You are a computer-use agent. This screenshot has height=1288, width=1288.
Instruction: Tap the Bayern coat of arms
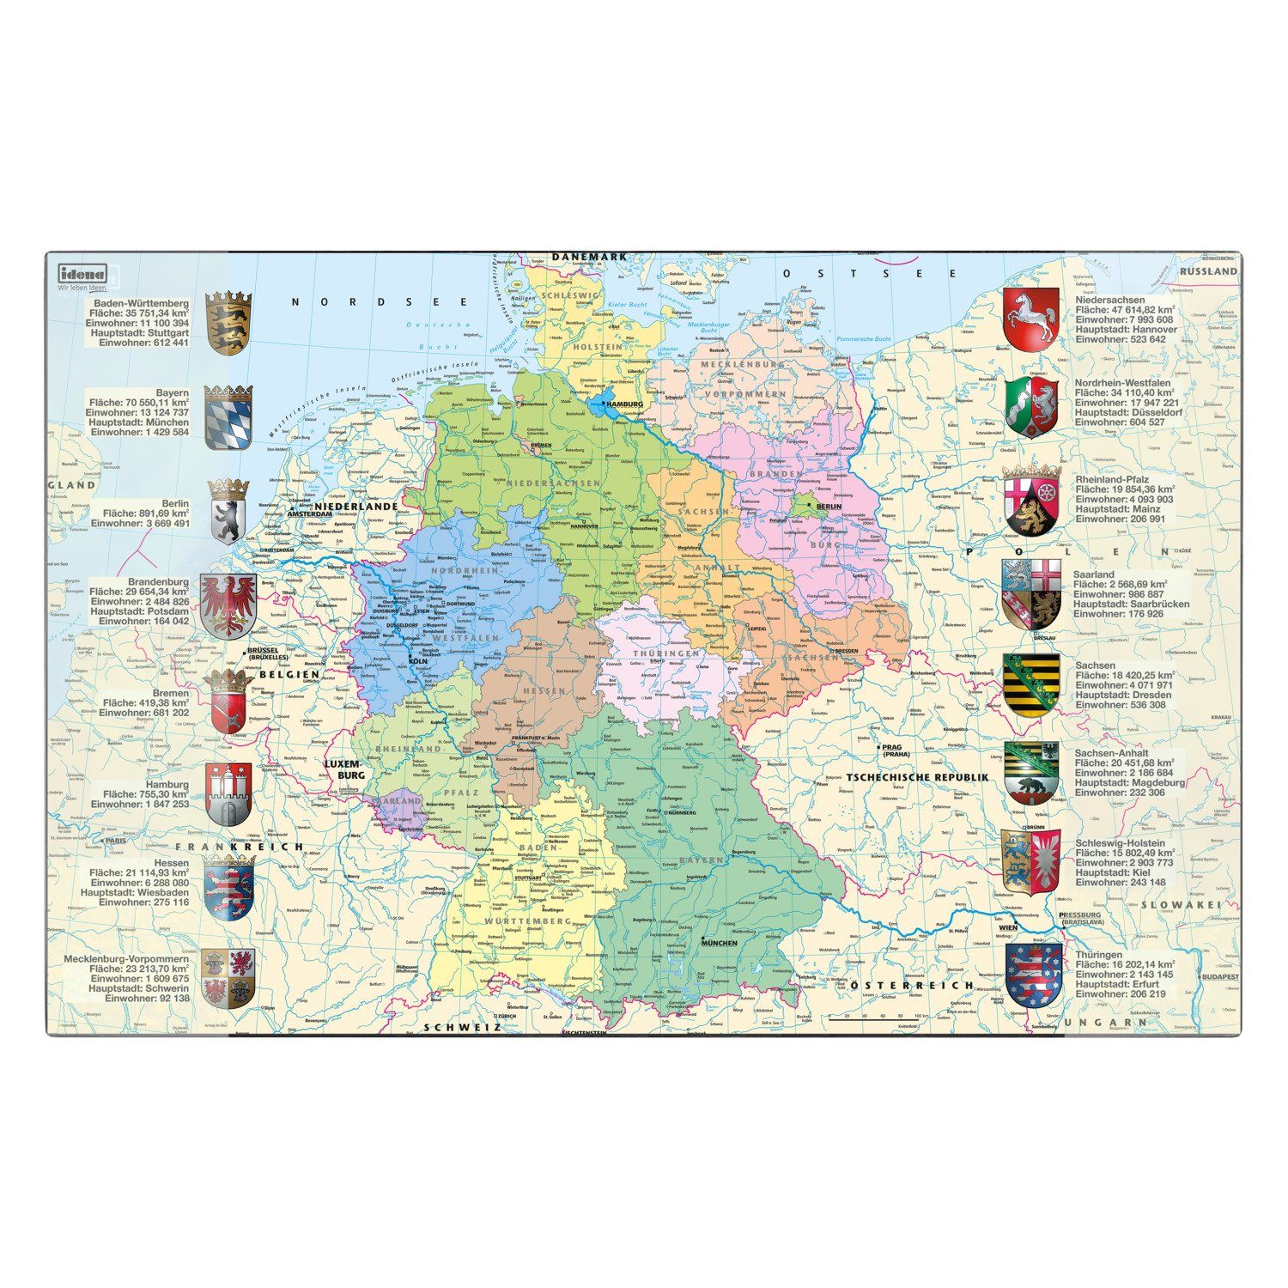click(228, 417)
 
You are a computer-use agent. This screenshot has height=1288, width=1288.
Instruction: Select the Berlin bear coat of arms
click(228, 512)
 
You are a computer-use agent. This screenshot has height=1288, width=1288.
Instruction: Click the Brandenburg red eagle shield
click(228, 606)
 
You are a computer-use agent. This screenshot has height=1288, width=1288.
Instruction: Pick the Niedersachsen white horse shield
click(1030, 319)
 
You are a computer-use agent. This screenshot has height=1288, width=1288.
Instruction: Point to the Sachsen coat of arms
click(1030, 685)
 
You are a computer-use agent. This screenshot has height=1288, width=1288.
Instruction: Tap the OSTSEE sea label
click(869, 273)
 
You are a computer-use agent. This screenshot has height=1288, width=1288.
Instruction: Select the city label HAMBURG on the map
click(623, 404)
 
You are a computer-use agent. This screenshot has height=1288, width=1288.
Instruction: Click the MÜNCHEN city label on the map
click(719, 942)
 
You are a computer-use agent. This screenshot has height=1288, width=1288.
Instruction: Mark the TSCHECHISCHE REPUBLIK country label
click(917, 777)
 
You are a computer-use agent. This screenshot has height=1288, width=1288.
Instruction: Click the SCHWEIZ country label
click(462, 1027)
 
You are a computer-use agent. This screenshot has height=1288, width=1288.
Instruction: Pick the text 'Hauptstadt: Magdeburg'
click(1130, 782)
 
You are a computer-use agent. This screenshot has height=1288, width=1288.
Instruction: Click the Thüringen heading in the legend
click(1098, 955)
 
